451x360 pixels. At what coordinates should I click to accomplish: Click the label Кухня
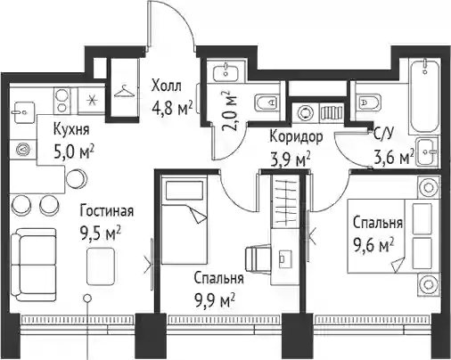pos(71,130)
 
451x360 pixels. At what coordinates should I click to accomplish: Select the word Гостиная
pos(107,211)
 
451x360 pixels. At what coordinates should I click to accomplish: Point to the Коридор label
pos(296,137)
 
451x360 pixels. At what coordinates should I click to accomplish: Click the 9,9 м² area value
pos(215,300)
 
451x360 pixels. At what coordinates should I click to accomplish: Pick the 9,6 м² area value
pos(373,245)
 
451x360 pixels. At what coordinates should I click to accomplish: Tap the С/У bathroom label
pos(383,135)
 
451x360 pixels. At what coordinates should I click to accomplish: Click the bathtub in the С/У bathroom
pos(424,96)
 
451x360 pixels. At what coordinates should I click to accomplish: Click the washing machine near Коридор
pos(306,113)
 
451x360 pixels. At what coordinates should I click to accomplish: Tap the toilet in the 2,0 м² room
pos(266,103)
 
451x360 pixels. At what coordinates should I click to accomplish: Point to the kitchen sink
pos(24,112)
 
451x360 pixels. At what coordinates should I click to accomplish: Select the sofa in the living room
pos(33,265)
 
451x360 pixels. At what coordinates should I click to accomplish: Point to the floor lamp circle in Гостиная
pos(87,298)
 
